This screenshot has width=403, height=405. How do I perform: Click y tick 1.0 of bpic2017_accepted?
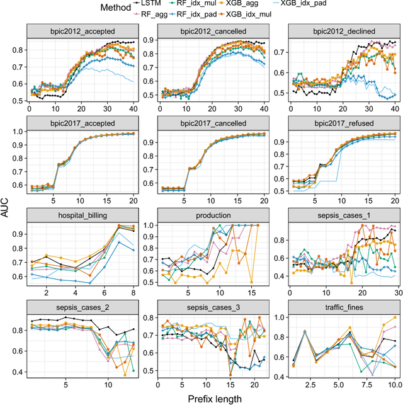[x=18, y=132]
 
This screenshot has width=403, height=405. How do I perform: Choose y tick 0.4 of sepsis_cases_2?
[x=18, y=374]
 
